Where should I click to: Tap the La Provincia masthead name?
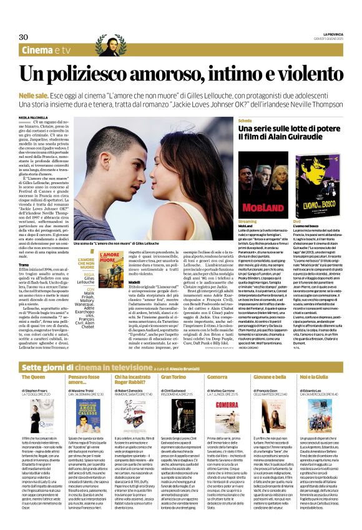click(x=335, y=33)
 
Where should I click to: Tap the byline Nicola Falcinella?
click(x=32, y=117)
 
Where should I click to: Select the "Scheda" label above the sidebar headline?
click(x=245, y=119)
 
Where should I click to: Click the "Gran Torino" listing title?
click(x=174, y=360)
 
